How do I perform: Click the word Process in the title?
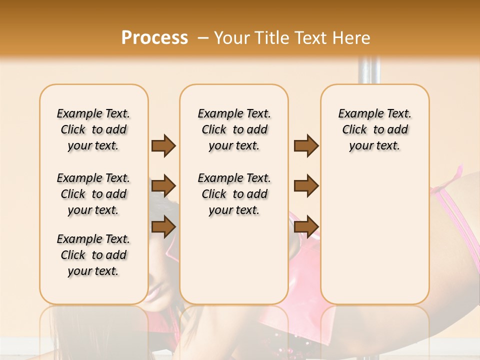[154, 38]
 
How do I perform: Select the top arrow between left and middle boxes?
[163, 145]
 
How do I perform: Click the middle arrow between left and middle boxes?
[163, 186]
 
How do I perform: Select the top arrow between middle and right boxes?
[306, 145]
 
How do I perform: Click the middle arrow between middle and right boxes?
[306, 186]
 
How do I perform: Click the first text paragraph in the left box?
[93, 129]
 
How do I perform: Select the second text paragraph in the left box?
[93, 194]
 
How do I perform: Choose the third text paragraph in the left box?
[93, 255]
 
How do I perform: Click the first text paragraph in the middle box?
[234, 129]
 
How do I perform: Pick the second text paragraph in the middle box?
[234, 194]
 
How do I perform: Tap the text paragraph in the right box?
[374, 129]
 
